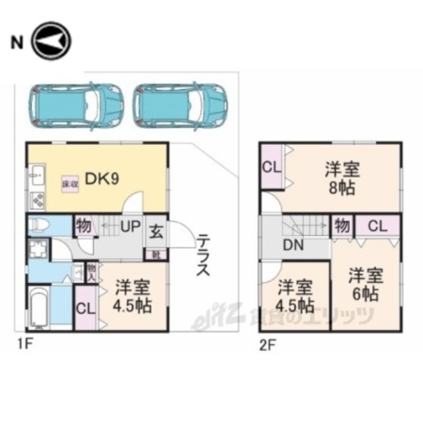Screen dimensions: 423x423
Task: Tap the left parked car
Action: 76,104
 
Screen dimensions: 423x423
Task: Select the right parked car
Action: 178,104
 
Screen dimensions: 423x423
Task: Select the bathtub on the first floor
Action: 38,307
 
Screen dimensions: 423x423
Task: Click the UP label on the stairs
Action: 130,226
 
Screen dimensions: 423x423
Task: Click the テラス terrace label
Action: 203,254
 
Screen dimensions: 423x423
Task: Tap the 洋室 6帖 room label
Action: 364,284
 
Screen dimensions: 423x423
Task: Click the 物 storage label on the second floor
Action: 341,225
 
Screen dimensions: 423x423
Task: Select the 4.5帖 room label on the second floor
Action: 295,297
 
